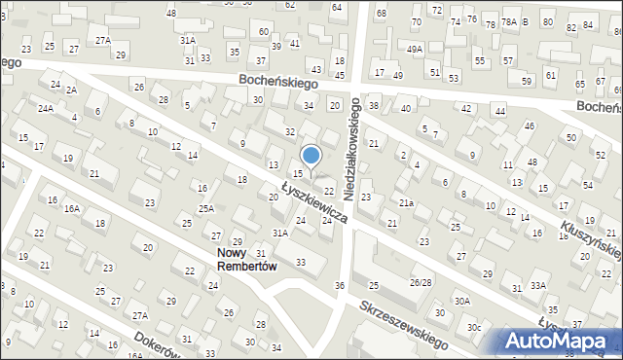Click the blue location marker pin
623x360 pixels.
[311, 156]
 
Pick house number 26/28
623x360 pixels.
[421, 282]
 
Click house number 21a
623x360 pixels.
[407, 202]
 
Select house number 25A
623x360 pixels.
[206, 208]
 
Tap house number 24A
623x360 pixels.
[46, 108]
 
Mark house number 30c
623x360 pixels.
[473, 327]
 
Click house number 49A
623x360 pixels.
[415, 49]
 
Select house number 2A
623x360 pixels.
[71, 90]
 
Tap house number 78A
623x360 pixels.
[508, 21]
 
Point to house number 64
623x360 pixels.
[337, 7]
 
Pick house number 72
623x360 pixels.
[437, 10]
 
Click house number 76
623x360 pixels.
[472, 18]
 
